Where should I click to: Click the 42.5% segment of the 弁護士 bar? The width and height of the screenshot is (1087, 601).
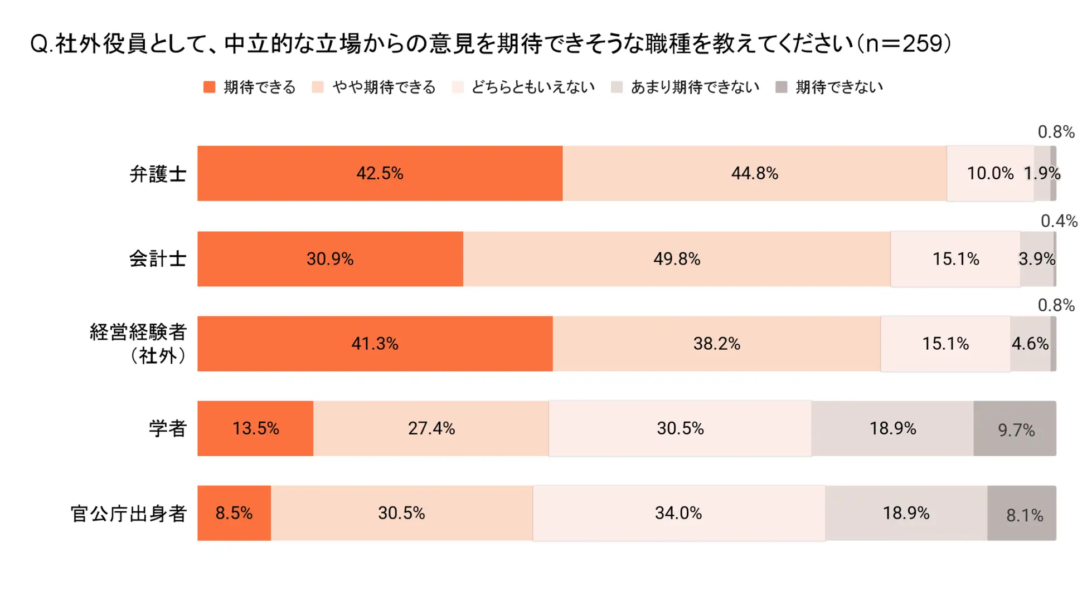coord(380,173)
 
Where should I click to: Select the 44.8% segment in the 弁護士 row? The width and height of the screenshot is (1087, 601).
coord(754,173)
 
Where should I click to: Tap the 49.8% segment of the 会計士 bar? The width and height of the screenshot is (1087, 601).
coord(676,259)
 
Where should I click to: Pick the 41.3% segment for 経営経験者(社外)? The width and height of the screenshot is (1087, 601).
coord(375,344)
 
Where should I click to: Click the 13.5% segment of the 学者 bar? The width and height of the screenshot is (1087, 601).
coord(255,428)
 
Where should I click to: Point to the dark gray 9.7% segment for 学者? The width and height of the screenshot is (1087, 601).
coord(1015,429)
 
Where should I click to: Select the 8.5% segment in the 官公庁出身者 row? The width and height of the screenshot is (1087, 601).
coord(234,513)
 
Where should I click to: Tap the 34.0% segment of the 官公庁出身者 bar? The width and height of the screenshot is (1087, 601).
coord(678,513)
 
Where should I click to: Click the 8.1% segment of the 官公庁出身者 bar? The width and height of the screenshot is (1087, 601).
coord(1023,514)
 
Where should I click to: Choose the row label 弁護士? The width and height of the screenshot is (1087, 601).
coord(158,174)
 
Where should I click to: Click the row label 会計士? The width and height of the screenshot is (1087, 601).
coord(158,259)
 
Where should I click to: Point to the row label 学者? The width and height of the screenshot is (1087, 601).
coord(167,429)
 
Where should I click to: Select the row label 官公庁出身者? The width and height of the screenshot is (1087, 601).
coord(128,514)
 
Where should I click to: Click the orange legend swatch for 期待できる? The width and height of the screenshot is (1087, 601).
coord(210,87)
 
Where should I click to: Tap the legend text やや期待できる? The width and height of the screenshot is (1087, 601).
coord(384,87)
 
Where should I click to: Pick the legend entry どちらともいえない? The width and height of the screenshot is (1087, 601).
coord(533,87)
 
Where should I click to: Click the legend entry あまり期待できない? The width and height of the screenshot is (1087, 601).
coord(695,87)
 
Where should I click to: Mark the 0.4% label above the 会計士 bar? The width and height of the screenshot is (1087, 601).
coord(1059,221)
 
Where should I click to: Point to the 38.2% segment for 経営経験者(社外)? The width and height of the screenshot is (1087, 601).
coord(716,344)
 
